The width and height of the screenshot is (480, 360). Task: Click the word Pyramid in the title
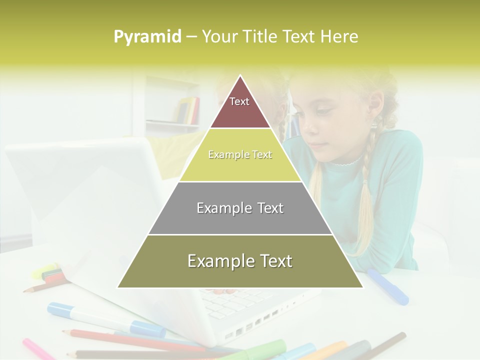pyautogui.click(x=147, y=37)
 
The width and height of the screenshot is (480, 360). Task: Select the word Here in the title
pyautogui.click(x=339, y=37)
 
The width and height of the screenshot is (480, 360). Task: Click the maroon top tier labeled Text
pyautogui.click(x=240, y=107)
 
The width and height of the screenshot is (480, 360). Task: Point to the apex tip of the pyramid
pyautogui.click(x=240, y=76)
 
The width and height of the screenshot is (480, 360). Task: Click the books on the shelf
pyautogui.click(x=188, y=110)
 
